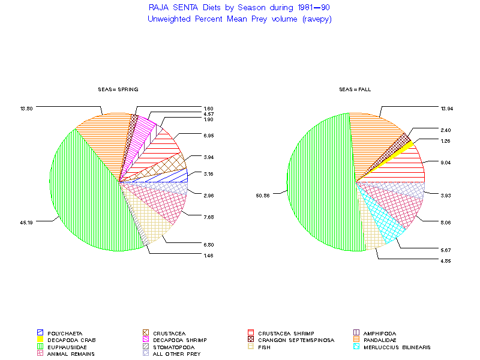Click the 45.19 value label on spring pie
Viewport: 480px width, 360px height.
(x=26, y=223)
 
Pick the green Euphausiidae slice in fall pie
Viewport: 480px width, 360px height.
(x=318, y=180)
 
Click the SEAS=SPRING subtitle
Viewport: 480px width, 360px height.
(x=118, y=89)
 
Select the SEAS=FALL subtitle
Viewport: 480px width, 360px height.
(x=355, y=89)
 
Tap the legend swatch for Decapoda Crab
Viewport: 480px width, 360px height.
(x=40, y=340)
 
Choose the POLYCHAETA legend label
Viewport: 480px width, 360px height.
(x=65, y=333)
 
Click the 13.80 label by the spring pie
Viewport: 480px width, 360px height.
(x=26, y=108)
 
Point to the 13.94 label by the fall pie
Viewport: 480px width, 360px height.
(x=446, y=108)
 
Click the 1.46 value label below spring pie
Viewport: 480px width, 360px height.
(x=209, y=256)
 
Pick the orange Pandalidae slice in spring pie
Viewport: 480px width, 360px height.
(x=105, y=138)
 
